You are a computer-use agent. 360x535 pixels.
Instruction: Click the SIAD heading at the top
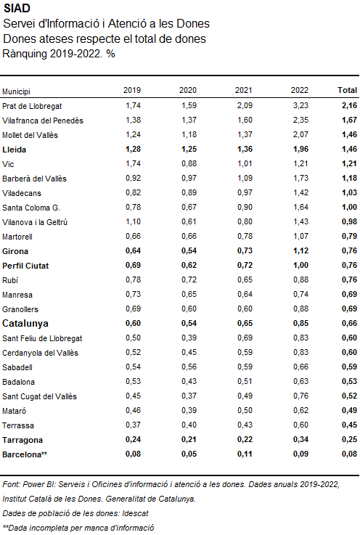(17, 8)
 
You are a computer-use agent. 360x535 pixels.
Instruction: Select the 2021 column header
(244, 90)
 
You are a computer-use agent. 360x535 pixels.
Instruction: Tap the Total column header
(348, 90)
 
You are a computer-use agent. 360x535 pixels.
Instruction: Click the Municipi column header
(16, 91)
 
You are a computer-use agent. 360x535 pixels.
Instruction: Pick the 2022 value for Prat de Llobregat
(300, 105)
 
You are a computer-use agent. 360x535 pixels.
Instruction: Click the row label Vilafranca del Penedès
(43, 121)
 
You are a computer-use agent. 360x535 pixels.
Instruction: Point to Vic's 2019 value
(133, 163)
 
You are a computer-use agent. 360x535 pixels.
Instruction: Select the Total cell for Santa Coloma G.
(349, 207)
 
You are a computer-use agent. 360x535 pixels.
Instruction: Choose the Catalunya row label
(25, 323)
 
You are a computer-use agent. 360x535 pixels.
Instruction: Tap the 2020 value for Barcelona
(189, 454)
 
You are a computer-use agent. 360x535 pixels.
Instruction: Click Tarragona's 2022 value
(300, 439)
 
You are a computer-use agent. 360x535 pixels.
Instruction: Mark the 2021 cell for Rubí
(245, 279)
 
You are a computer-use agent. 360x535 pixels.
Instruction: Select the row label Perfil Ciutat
(25, 266)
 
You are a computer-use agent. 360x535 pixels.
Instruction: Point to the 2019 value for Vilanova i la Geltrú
(133, 221)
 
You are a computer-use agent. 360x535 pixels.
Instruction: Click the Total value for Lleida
(349, 149)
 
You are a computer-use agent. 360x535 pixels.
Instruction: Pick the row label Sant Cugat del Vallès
(40, 396)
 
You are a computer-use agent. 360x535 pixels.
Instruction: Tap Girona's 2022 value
(300, 250)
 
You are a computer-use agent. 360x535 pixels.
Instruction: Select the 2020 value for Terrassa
(189, 425)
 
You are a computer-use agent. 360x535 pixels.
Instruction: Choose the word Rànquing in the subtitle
(25, 54)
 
